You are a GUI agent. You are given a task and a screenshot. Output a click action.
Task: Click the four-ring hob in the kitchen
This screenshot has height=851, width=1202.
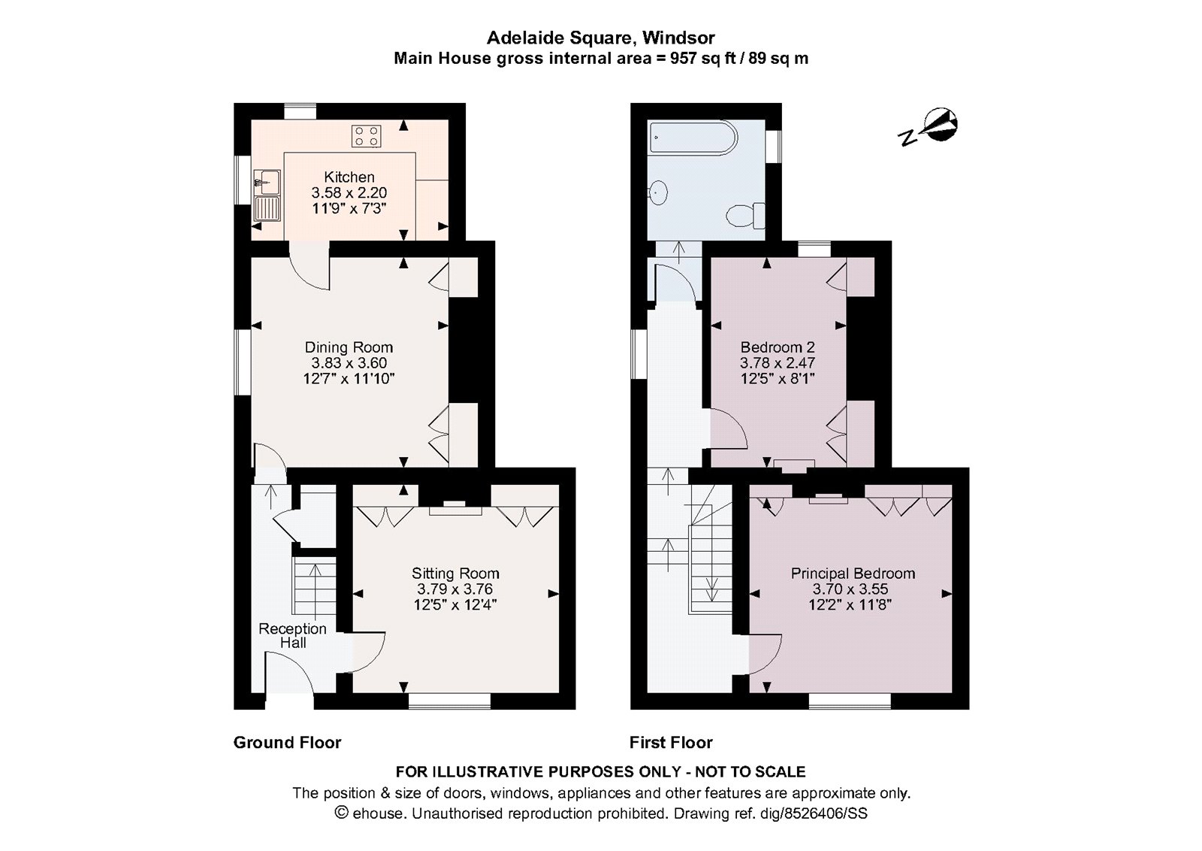tap(367, 136)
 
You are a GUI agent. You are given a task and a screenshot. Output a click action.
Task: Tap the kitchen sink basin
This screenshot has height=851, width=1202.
tap(267, 181)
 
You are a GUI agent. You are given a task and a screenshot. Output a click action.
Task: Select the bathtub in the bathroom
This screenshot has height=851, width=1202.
tap(694, 138)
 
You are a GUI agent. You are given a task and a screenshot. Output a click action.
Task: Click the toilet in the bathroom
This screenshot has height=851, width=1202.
tap(747, 216)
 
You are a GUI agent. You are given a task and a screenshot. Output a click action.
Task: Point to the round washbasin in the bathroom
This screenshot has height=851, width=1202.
tap(658, 192)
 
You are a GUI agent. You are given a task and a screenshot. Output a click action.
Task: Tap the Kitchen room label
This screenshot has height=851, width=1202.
tap(349, 177)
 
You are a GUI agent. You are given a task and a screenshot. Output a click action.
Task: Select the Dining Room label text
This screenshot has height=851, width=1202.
tap(349, 347)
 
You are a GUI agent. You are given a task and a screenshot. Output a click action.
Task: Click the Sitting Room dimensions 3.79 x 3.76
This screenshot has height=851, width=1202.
tap(455, 589)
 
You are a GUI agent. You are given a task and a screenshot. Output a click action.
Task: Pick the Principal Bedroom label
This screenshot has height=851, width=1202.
tap(853, 574)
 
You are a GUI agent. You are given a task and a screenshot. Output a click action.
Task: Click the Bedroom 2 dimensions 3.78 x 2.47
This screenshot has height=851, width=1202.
tap(778, 362)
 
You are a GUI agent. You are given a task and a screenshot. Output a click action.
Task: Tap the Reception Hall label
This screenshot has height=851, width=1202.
tap(292, 635)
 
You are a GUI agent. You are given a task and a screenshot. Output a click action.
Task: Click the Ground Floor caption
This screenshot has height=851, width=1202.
tap(287, 743)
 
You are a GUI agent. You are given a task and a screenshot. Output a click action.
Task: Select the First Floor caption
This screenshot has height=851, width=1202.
tap(671, 743)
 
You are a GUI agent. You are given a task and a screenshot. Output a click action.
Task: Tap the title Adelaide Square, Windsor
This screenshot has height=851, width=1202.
tap(601, 37)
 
